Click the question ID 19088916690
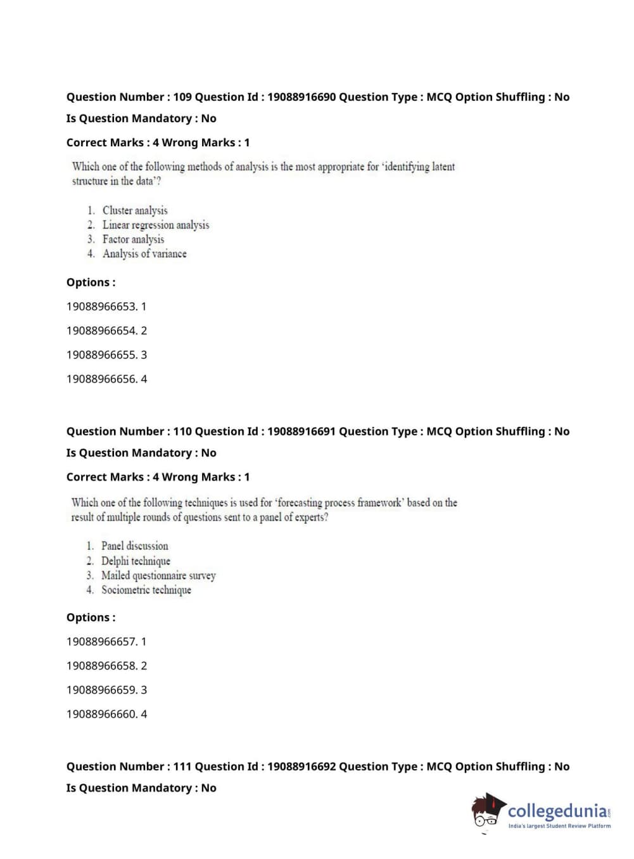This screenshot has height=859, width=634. tap(301, 97)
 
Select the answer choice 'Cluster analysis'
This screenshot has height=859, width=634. tap(135, 210)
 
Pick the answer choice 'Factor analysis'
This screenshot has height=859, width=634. tap(133, 239)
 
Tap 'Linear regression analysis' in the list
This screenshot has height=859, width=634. tap(156, 225)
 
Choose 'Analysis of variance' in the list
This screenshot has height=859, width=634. tap(144, 254)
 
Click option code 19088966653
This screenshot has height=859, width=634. tap(101, 307)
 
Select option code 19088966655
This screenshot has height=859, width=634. tap(101, 355)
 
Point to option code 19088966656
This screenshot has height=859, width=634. tap(101, 379)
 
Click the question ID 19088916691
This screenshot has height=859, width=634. tap(301, 431)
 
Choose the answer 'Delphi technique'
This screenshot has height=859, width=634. tap(136, 561)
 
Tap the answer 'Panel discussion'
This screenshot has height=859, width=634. tap(135, 546)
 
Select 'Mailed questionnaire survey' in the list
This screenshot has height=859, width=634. tap(158, 575)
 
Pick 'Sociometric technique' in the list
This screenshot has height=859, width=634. tap(146, 590)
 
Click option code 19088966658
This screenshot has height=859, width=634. tap(101, 666)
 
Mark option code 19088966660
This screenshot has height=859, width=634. tap(101, 714)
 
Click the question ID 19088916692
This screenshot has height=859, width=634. tap(301, 767)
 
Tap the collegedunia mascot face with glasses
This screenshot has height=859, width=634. tap(486, 813)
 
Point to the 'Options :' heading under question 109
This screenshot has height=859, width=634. tap(91, 283)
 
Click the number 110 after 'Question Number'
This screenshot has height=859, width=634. tap(182, 431)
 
